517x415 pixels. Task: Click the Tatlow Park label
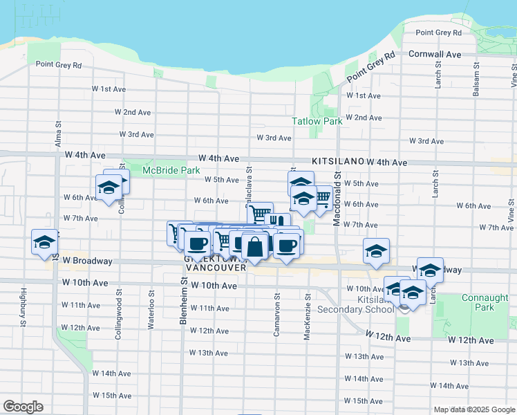(317, 121)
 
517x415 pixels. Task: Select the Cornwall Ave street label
(435, 54)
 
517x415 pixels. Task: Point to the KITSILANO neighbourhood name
(338, 161)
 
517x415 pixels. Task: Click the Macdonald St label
(338, 199)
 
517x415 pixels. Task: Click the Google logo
(22, 407)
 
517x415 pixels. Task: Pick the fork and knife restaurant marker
(276, 221)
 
